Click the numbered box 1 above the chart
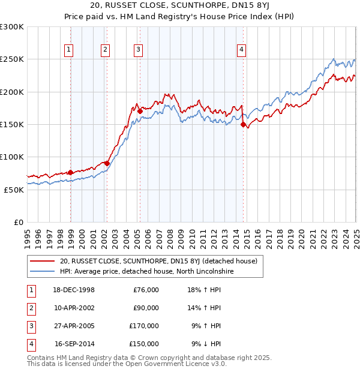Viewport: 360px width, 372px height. [70, 50]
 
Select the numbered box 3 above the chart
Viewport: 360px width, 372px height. [138, 50]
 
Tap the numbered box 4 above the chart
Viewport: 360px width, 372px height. [241, 50]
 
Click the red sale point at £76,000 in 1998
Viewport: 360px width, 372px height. [71, 172]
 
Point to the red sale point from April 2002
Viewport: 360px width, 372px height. [107, 163]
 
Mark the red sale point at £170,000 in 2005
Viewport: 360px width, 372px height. [140, 111]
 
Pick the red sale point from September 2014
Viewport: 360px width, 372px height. [243, 124]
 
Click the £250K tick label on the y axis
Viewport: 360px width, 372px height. [12, 59]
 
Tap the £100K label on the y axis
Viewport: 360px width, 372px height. [12, 157]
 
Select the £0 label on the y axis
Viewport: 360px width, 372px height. [19, 222]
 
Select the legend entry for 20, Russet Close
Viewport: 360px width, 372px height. [158, 261]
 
